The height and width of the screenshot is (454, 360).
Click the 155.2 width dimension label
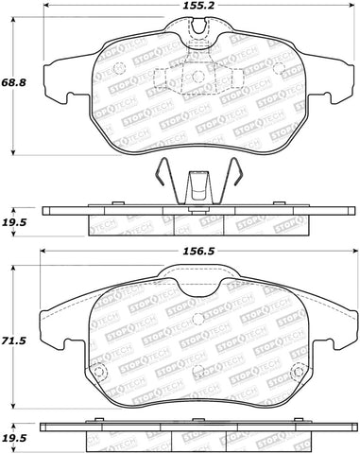[x=195, y=6]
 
